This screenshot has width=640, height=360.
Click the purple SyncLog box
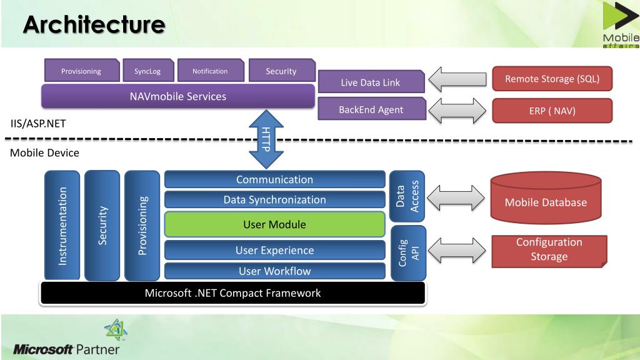point(148,71)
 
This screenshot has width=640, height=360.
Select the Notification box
point(211,71)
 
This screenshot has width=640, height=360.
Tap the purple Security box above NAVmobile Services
point(282,71)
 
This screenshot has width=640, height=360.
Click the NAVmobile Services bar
point(178,96)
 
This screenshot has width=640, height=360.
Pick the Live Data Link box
point(371,82)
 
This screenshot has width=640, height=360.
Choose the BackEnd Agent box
point(372,109)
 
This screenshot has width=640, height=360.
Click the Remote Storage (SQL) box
point(552,79)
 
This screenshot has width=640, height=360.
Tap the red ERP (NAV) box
point(552,111)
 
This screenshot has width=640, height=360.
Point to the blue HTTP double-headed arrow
point(266,139)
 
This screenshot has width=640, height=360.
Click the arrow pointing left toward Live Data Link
point(457,79)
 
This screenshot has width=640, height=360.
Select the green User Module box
point(275,224)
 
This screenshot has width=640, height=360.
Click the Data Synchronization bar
point(275,199)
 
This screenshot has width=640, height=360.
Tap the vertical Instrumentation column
point(62,226)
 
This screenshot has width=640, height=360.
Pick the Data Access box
point(407,196)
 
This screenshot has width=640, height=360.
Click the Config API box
point(409,253)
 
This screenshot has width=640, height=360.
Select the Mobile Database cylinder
point(546,198)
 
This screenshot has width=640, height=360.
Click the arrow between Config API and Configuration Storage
point(457,250)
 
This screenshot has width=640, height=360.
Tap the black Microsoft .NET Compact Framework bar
point(233,293)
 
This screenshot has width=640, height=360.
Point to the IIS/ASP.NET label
point(38,124)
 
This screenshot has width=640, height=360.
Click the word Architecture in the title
point(94,24)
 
